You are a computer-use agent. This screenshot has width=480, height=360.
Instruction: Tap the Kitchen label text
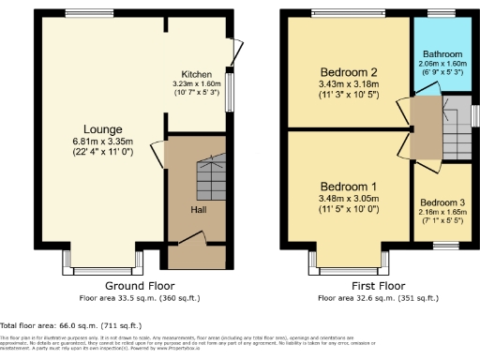tap(197, 74)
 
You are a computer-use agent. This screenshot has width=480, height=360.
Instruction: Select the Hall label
tap(199, 210)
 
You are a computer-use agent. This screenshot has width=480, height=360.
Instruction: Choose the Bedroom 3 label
tap(443, 202)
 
